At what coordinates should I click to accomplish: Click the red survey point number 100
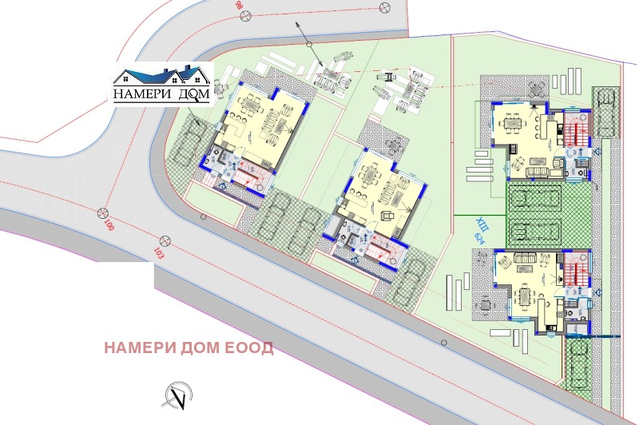click(109, 225)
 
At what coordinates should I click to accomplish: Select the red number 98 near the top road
click(240, 6)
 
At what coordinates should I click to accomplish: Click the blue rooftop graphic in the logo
click(162, 77)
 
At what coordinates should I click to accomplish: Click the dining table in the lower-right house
click(525, 297)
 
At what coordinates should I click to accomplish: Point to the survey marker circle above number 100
click(102, 212)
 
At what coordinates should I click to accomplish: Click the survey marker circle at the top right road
click(386, 6)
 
